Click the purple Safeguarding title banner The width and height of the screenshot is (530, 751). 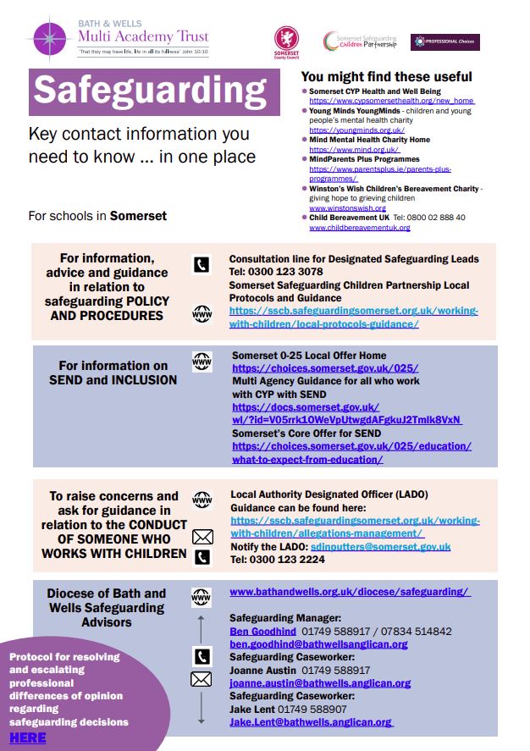click(x=154, y=91)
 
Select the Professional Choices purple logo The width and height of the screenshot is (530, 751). click(x=444, y=41)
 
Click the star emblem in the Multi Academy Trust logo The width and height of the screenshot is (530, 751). click(x=50, y=38)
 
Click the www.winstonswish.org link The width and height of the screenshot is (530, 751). click(x=347, y=207)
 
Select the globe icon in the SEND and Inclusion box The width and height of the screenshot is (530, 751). click(x=202, y=362)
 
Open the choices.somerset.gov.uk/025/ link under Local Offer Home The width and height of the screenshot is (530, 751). click(x=325, y=368)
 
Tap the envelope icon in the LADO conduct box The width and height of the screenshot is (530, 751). click(x=202, y=536)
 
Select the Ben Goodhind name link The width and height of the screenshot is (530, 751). click(x=262, y=631)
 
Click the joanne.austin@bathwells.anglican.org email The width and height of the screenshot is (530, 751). click(x=320, y=683)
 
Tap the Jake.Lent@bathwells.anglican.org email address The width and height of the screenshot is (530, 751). click(x=311, y=721)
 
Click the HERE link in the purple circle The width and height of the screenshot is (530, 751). click(x=27, y=737)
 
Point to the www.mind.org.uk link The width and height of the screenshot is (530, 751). click(x=342, y=150)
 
